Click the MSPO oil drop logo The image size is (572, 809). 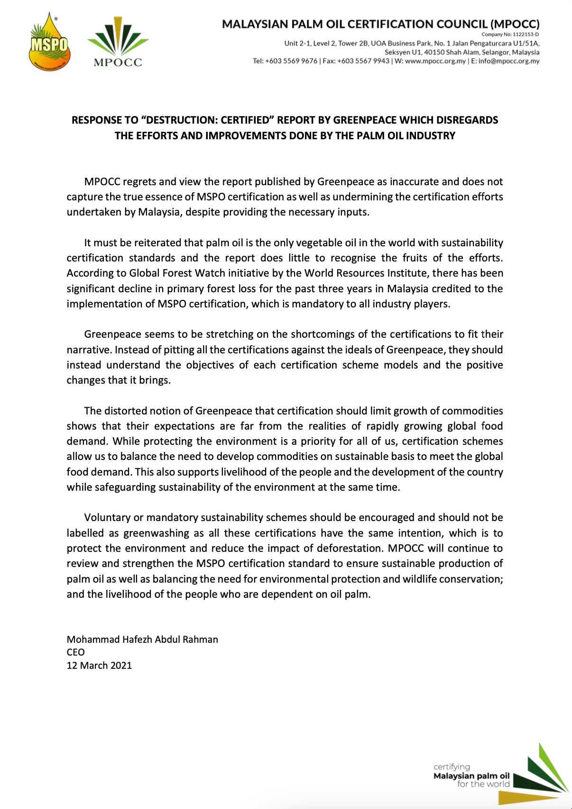(x=49, y=43)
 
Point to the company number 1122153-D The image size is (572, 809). (x=526, y=35)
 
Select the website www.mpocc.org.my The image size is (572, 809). (x=435, y=61)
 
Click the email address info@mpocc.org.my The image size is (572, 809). (x=509, y=61)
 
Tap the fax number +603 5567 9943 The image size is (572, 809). (x=363, y=61)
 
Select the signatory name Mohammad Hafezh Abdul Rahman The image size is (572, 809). (x=142, y=640)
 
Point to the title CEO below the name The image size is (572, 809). (x=75, y=653)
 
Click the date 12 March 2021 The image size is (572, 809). (x=99, y=665)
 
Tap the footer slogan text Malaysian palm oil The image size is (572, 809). (x=471, y=776)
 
